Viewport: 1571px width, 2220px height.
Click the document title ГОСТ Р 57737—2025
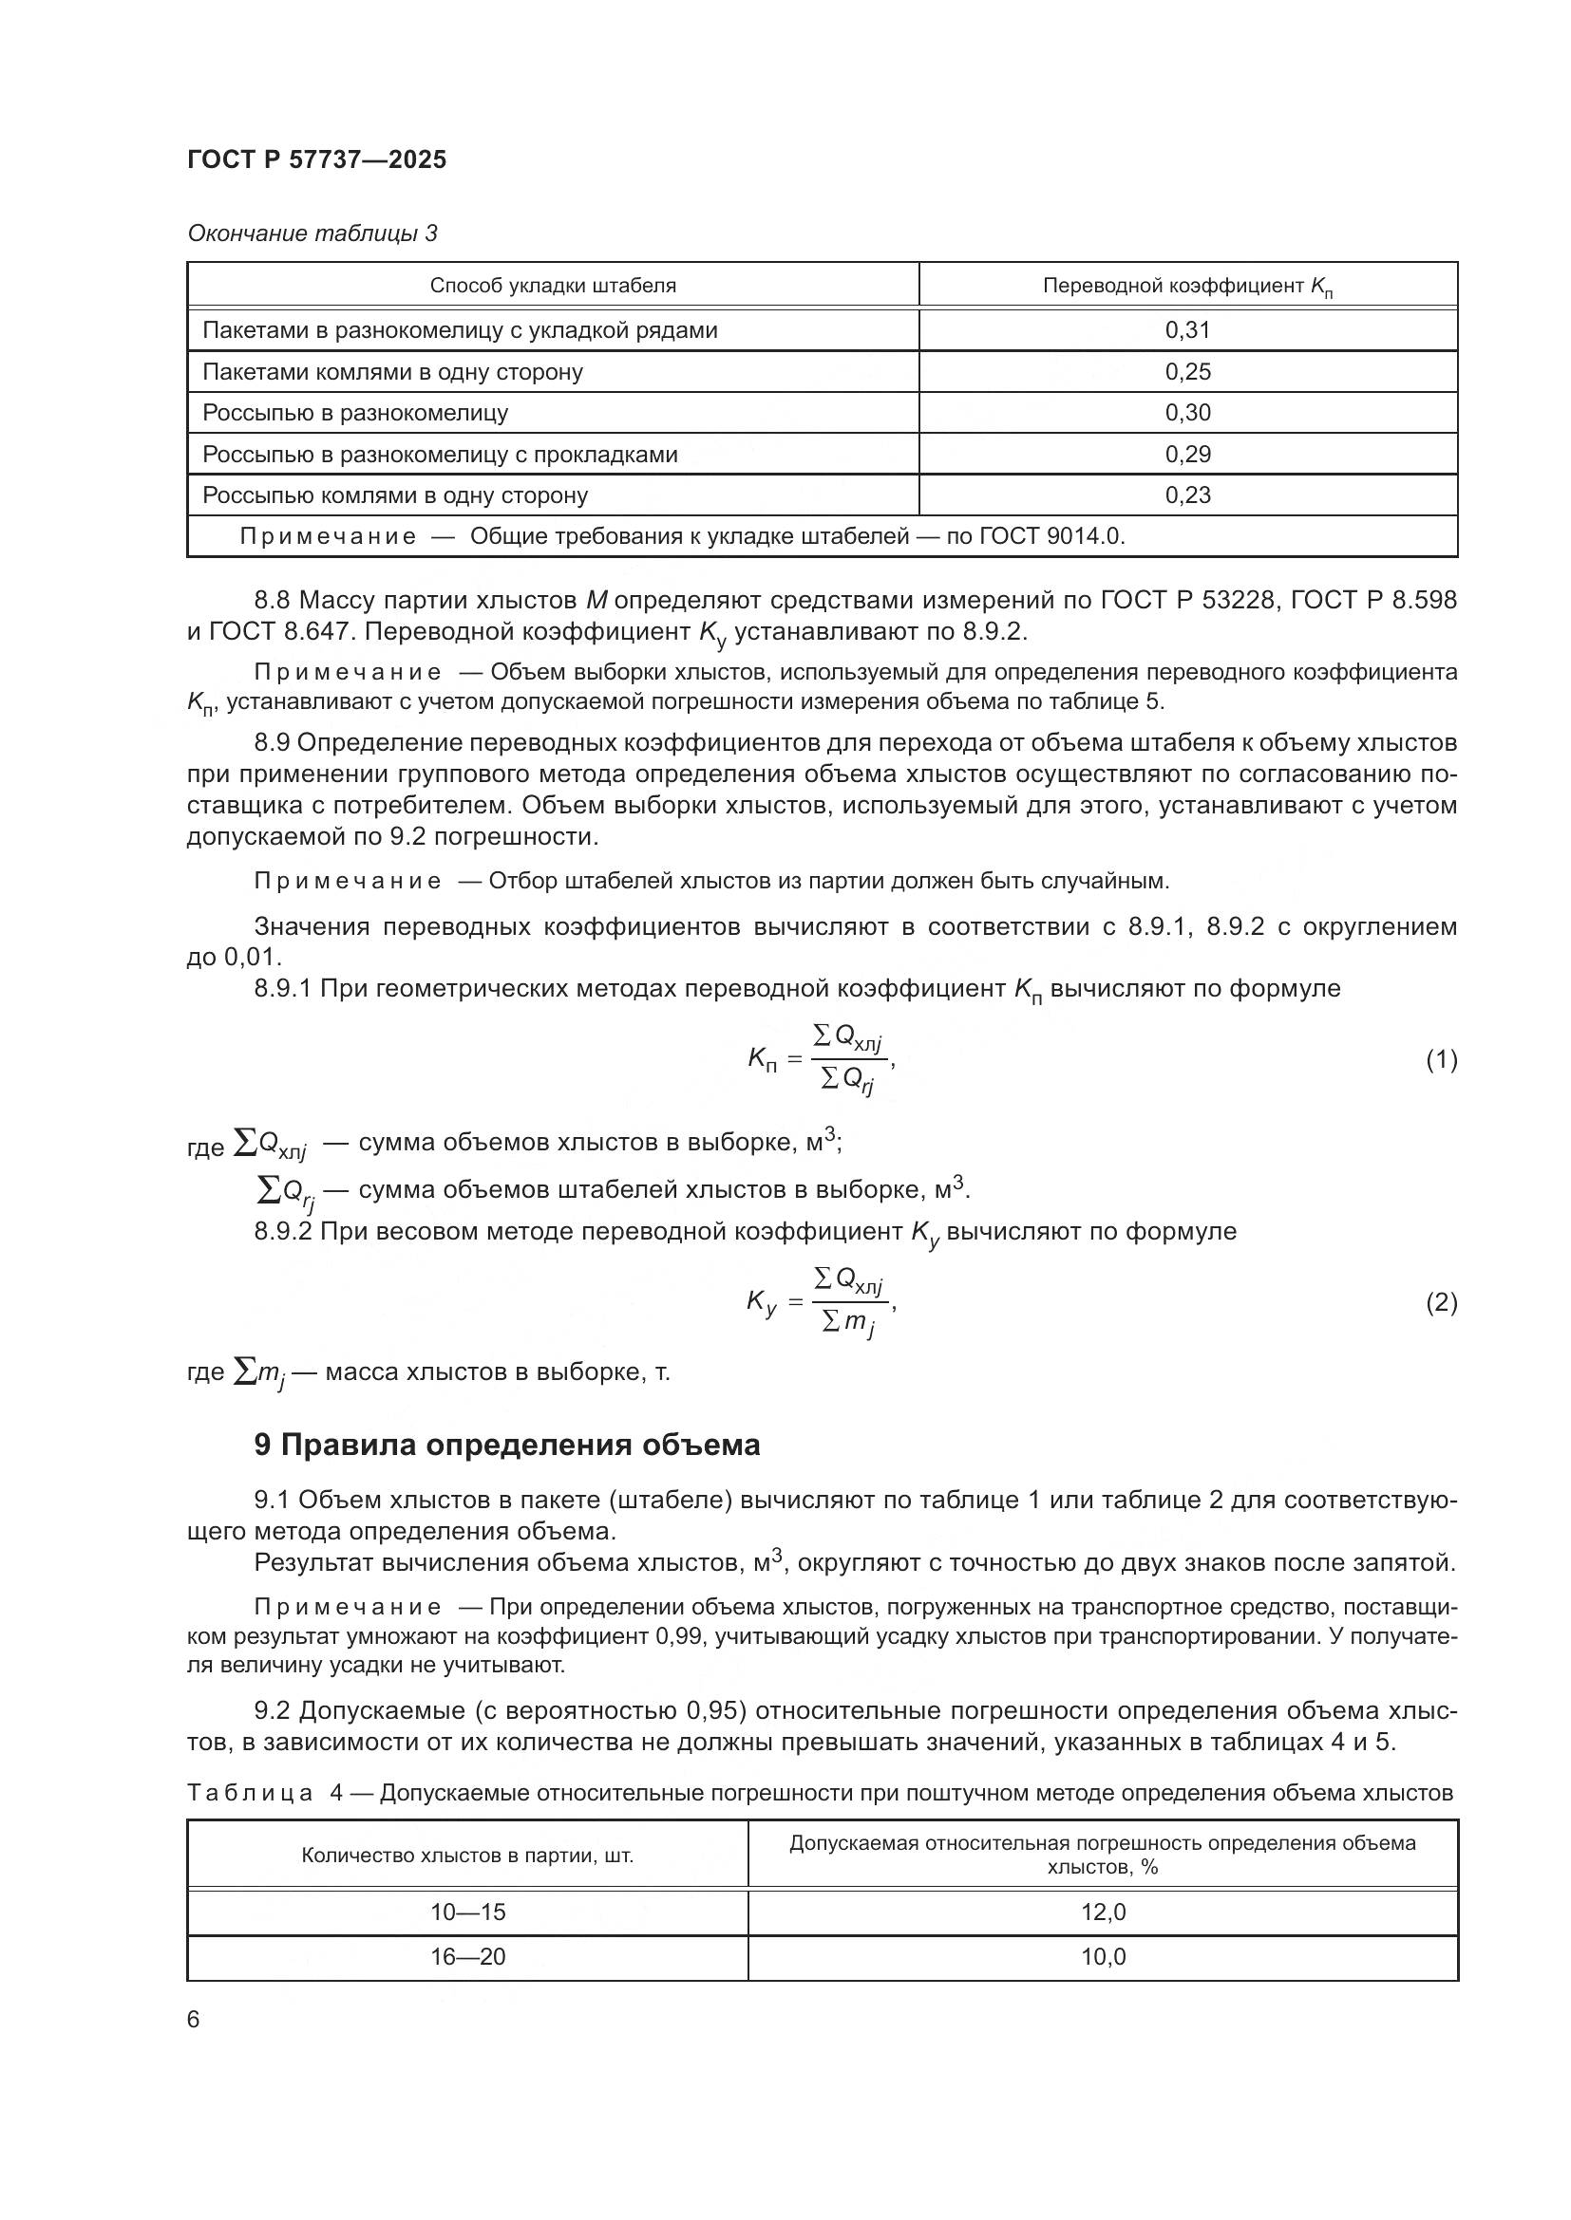pyautogui.click(x=316, y=159)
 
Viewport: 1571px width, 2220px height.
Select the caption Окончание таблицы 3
pyautogui.click(x=312, y=233)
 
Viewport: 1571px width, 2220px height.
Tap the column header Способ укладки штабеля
pyautogui.click(x=553, y=286)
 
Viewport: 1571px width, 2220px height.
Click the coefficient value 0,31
pyautogui.click(x=1187, y=329)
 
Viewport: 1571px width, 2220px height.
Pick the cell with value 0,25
pyautogui.click(x=1187, y=371)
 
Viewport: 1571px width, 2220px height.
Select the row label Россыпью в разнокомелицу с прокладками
pyautogui.click(x=439, y=454)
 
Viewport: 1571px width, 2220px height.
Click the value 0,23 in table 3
pyautogui.click(x=1187, y=495)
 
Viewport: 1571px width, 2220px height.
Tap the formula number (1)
pyautogui.click(x=1441, y=1060)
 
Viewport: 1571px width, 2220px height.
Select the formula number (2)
pyautogui.click(x=1441, y=1302)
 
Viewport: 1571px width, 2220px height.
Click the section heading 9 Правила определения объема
pyautogui.click(x=507, y=1445)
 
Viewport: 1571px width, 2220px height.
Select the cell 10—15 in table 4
pyautogui.click(x=467, y=1912)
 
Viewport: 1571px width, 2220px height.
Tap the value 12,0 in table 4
pyautogui.click(x=1103, y=1912)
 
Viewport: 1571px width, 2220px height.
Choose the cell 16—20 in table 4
pyautogui.click(x=467, y=1957)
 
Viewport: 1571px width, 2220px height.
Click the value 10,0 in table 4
pyautogui.click(x=1103, y=1957)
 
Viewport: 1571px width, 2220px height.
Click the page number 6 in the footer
pyautogui.click(x=194, y=2019)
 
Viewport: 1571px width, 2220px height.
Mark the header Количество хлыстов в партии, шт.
pyautogui.click(x=467, y=1855)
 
